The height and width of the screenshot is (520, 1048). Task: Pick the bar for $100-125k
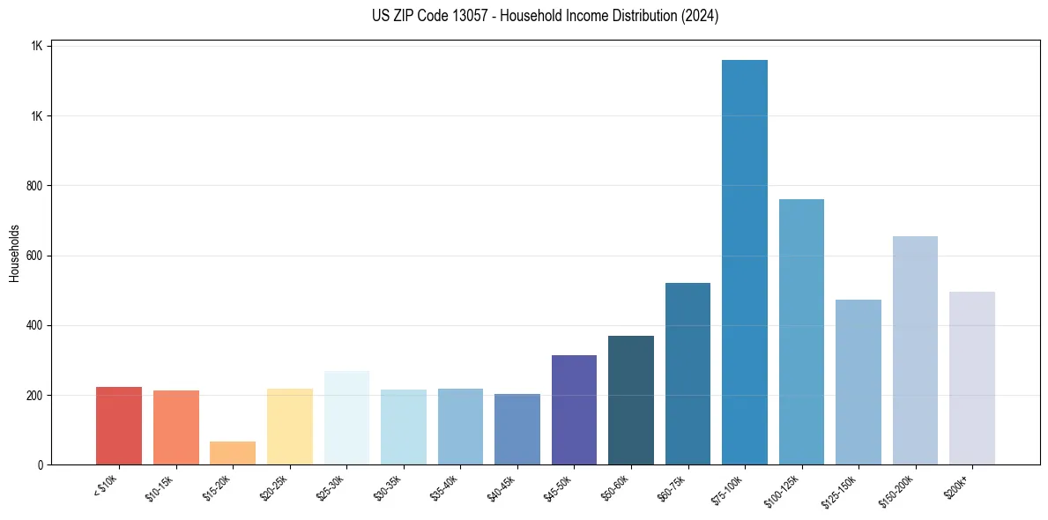point(801,331)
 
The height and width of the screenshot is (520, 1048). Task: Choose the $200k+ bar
point(972,378)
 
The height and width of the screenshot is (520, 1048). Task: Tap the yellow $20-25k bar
point(290,427)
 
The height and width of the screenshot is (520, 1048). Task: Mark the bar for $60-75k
point(688,374)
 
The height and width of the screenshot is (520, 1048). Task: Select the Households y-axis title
point(15,252)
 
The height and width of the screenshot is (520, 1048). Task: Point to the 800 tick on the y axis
point(35,186)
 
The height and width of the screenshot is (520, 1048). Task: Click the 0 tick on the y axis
point(41,464)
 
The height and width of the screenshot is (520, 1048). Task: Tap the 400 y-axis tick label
point(35,325)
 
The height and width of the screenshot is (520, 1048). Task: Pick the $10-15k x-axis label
point(160,487)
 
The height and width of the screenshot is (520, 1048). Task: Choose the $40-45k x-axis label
point(502,487)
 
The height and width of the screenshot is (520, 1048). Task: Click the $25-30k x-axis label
point(331,487)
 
